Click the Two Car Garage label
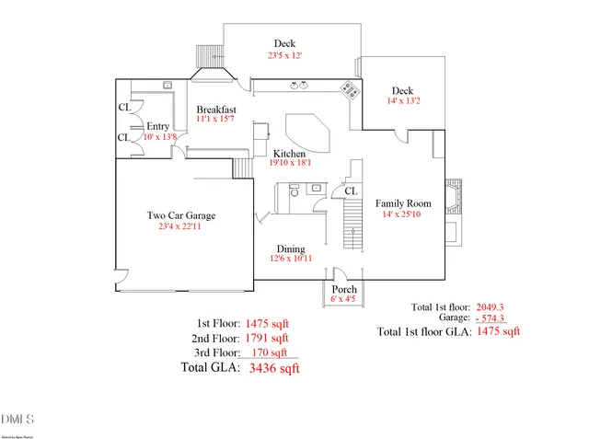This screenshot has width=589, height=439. click(x=181, y=215)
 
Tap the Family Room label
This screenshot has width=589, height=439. click(x=403, y=202)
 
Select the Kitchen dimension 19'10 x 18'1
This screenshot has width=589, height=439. click(x=294, y=163)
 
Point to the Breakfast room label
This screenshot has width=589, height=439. click(x=216, y=109)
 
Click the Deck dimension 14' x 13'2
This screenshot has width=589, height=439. click(x=402, y=102)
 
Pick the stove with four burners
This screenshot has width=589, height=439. click(x=350, y=89)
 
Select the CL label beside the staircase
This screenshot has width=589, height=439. click(x=350, y=191)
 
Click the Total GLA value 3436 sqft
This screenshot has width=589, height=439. click(x=274, y=368)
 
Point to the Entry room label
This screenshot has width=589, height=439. click(x=159, y=126)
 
